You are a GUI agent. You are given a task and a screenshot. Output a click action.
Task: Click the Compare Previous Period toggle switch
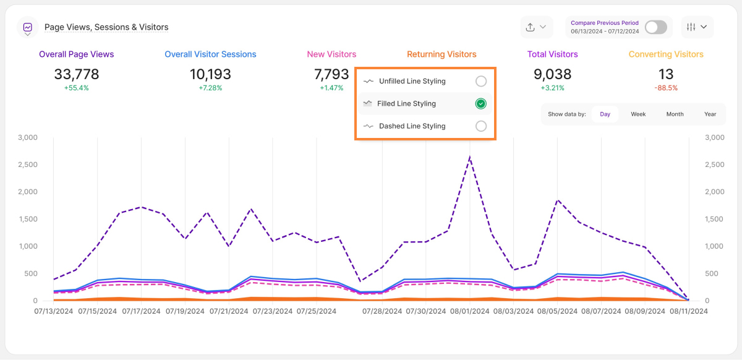(x=655, y=27)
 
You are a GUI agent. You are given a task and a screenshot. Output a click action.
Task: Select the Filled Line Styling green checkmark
(x=481, y=103)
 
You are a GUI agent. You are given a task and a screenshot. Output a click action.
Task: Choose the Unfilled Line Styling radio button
(x=481, y=81)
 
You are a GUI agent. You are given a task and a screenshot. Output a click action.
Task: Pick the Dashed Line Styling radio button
(x=481, y=126)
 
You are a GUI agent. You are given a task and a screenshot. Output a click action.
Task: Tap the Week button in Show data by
(x=638, y=114)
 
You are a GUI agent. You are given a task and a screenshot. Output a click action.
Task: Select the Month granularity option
(x=675, y=114)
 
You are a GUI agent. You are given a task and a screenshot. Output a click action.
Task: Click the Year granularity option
(x=710, y=114)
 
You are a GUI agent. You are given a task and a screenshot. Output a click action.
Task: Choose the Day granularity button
(x=605, y=114)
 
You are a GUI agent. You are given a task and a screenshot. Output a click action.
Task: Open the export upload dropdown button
(x=535, y=27)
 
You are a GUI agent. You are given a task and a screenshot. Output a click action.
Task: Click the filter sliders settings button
(x=697, y=27)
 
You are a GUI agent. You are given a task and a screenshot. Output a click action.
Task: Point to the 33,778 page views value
(x=77, y=75)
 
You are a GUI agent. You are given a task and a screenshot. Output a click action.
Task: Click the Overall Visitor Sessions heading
(x=210, y=54)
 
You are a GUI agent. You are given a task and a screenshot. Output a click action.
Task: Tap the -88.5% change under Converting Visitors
(x=666, y=88)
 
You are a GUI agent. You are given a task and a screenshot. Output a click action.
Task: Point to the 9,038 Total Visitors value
(x=552, y=75)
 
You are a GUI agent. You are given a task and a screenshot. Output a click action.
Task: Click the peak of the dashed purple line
(x=470, y=157)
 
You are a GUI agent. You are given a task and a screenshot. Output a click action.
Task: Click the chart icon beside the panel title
(x=28, y=27)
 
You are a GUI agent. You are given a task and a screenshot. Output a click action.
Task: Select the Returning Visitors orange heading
(x=441, y=54)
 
